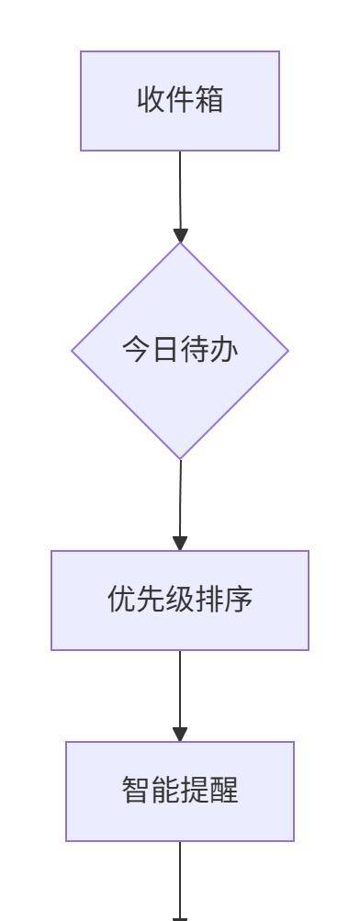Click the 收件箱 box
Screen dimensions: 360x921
pos(180,100)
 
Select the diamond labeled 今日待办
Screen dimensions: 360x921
pos(180,350)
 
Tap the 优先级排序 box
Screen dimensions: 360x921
pos(180,600)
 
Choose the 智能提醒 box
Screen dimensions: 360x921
pos(180,791)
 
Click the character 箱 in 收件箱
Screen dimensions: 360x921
pos(209,100)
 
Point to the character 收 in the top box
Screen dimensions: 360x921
pos(151,100)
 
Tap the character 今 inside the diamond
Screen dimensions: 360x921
pos(136,350)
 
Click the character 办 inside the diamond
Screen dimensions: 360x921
pos(225,350)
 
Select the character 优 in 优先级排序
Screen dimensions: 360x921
pos(121,600)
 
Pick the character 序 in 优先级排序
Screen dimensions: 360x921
pos(239,600)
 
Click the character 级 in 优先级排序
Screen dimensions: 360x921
pos(180,600)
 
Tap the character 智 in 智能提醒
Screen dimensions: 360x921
pos(136,791)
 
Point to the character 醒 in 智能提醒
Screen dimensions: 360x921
pos(224,791)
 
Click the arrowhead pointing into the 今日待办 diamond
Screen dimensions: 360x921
pos(180,235)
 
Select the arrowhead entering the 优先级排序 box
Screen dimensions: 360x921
pos(180,544)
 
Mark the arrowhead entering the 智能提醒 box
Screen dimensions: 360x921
pos(180,735)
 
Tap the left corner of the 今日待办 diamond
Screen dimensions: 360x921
pos(74,350)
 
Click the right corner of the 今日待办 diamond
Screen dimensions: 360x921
pos(287,350)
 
